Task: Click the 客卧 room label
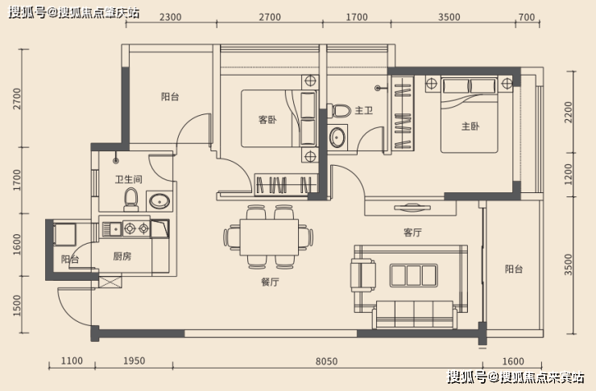267,120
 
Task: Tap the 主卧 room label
470,126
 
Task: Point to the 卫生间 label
128,179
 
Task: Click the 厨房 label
122,257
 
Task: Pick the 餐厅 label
269,282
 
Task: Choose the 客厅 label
413,233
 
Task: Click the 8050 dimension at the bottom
326,362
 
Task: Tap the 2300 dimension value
170,18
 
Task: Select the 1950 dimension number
135,362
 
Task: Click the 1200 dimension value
568,171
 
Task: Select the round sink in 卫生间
158,200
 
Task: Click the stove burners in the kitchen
135,228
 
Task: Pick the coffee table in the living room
412,275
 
